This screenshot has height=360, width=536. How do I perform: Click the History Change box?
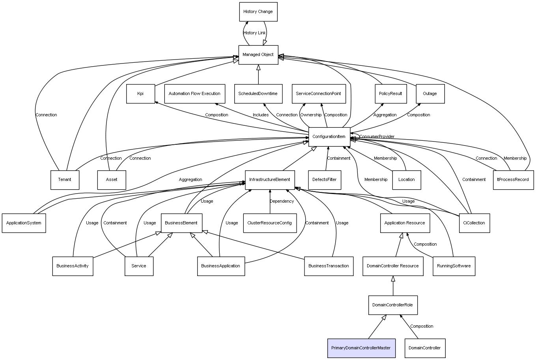pos(258,12)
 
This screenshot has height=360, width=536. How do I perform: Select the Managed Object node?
pos(258,55)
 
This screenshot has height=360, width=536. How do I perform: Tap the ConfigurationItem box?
pos(329,137)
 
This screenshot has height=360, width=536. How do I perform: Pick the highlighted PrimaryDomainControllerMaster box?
pos(361,348)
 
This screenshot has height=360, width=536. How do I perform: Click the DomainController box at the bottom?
pos(425,348)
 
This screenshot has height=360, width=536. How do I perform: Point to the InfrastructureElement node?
pos(270,180)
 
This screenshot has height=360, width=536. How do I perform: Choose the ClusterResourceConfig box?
pos(270,223)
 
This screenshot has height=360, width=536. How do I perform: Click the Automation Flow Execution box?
pos(194,94)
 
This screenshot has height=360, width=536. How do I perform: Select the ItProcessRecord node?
pos(513,180)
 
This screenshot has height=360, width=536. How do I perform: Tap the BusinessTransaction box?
pos(329,266)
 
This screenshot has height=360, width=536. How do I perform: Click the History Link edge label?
pos(254,33)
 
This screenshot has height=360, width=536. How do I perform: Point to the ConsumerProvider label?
pos(377,137)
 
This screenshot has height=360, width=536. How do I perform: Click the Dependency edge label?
pos(282,201)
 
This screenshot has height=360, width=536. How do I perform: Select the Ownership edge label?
pos(311,115)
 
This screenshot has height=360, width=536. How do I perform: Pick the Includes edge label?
pos(261,115)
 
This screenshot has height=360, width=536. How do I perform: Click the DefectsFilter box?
pos(325,180)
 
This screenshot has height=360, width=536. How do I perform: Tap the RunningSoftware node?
pos(454,266)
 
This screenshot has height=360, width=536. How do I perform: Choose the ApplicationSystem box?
pos(24,223)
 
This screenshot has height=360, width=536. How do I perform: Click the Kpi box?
pos(140,94)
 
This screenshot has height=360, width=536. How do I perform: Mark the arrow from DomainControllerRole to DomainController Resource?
pos(393,285)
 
